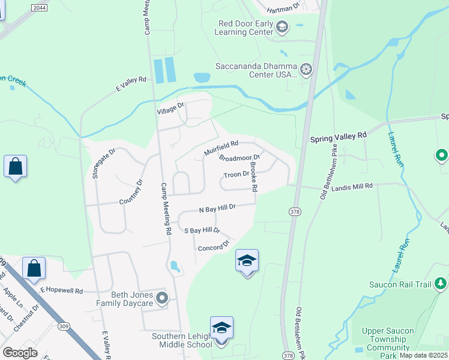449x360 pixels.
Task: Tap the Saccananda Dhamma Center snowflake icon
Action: [x=306, y=70]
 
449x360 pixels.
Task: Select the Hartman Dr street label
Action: [x=283, y=8]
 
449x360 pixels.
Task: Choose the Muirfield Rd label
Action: [x=221, y=148]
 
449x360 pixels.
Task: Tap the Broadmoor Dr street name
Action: [x=239, y=159]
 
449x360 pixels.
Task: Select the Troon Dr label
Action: [x=236, y=175]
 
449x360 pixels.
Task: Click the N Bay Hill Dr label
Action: [x=217, y=208]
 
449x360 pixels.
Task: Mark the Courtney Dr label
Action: [x=131, y=191]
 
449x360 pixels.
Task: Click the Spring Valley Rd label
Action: [x=338, y=137]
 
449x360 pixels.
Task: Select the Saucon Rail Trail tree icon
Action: [x=441, y=283]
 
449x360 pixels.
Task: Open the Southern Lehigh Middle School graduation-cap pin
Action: [x=221, y=328]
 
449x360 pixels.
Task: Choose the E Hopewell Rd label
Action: [x=61, y=290]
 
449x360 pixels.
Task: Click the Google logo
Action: [x=20, y=353]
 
